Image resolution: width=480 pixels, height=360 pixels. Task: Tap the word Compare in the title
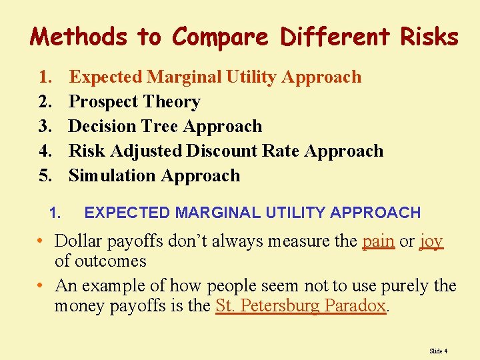coord(221,37)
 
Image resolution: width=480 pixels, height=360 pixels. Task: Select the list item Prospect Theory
coord(135,102)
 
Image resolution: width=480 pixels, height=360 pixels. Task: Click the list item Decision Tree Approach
coord(165,127)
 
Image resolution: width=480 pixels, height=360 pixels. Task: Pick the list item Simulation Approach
coord(154,176)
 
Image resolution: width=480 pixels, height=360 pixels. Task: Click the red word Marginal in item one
coord(185,77)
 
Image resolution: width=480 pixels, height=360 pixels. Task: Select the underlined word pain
coord(378,241)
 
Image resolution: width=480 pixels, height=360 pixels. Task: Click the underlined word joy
coord(431,241)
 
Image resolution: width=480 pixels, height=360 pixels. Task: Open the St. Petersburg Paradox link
coord(301,306)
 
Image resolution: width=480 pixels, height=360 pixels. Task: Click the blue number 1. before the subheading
coord(55,213)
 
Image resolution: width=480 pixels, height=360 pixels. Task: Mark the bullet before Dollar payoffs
coord(41,241)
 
